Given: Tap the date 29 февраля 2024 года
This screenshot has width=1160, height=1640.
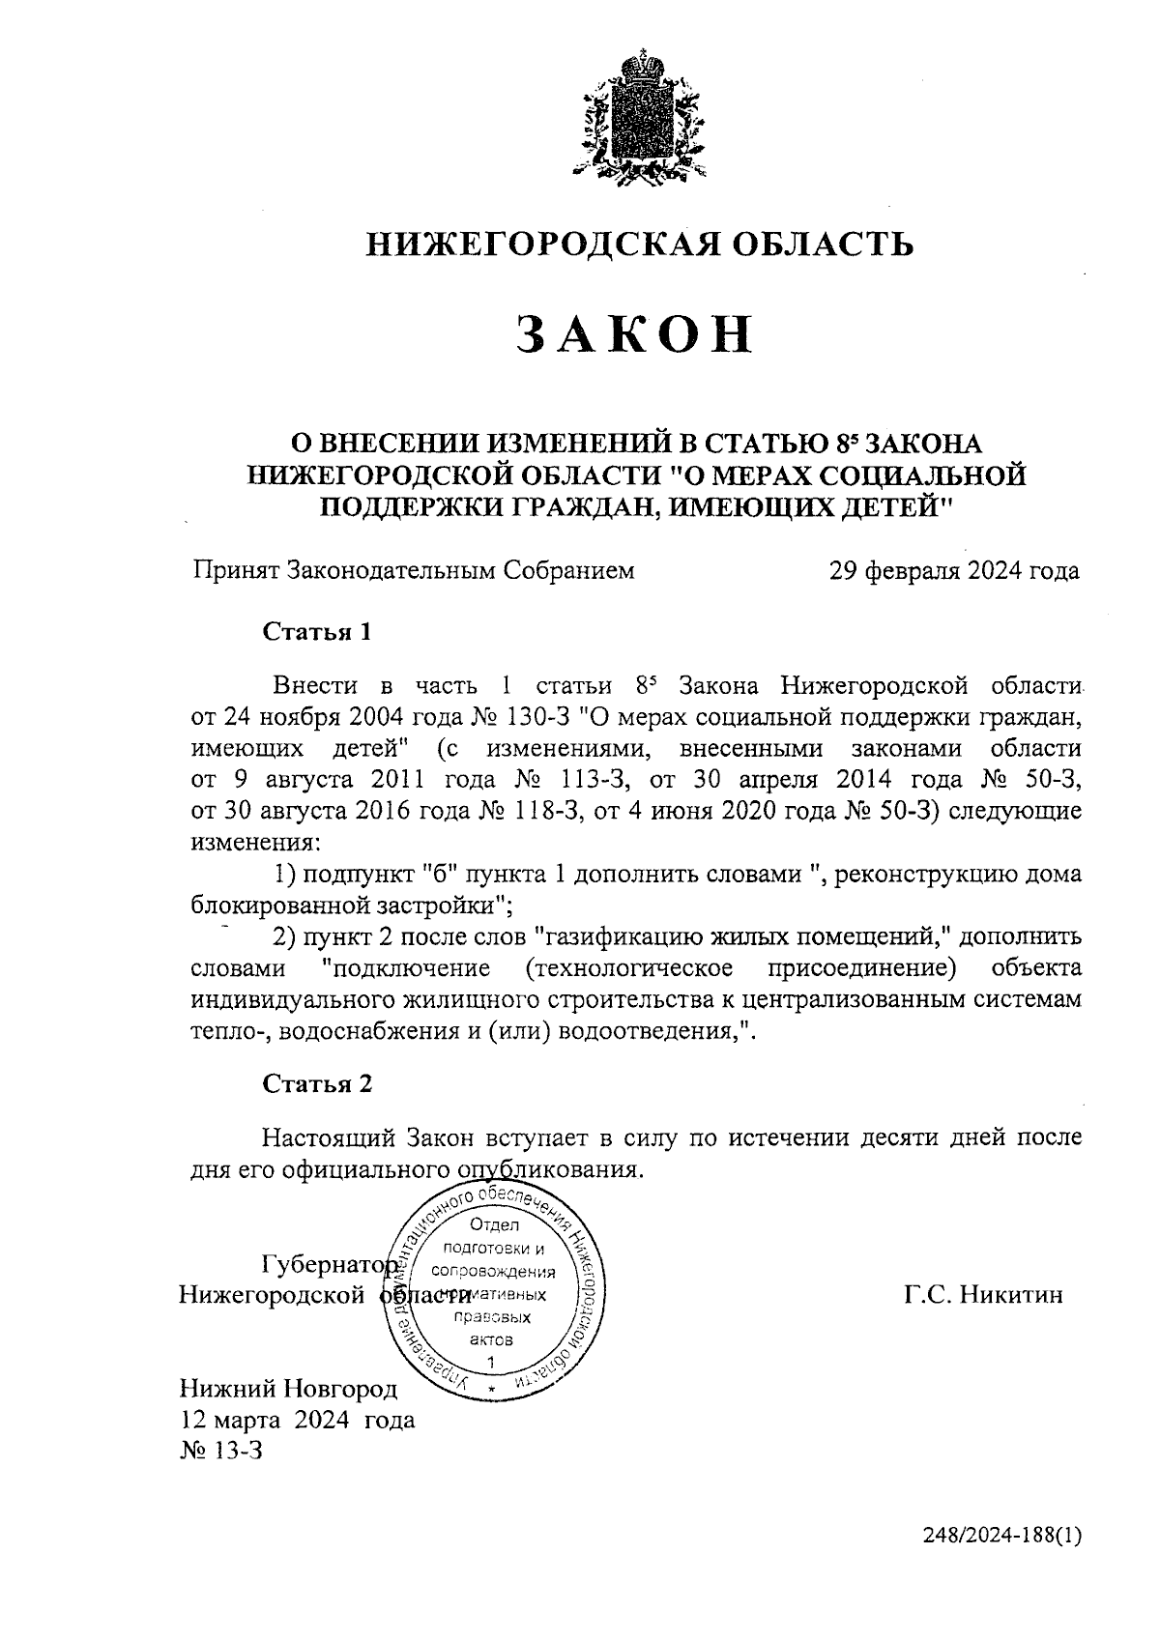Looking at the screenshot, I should click(954, 570).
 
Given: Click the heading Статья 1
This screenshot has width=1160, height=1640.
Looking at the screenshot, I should click(317, 633).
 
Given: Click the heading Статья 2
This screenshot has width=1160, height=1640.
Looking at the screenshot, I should click(317, 1083).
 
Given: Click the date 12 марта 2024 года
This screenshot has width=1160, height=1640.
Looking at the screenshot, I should click(298, 1420).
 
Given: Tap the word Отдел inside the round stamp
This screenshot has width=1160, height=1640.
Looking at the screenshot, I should click(493, 1225).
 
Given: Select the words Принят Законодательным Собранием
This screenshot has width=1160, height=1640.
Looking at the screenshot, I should click(414, 570).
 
